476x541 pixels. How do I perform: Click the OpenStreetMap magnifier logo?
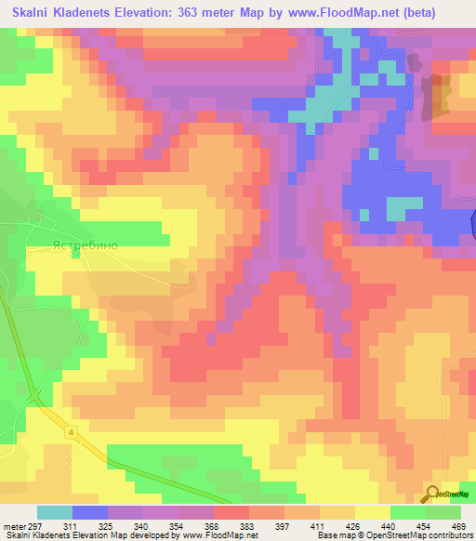[x=433, y=493]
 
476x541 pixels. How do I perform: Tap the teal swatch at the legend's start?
[x=55, y=512]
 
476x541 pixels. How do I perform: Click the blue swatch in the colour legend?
[x=90, y=512]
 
